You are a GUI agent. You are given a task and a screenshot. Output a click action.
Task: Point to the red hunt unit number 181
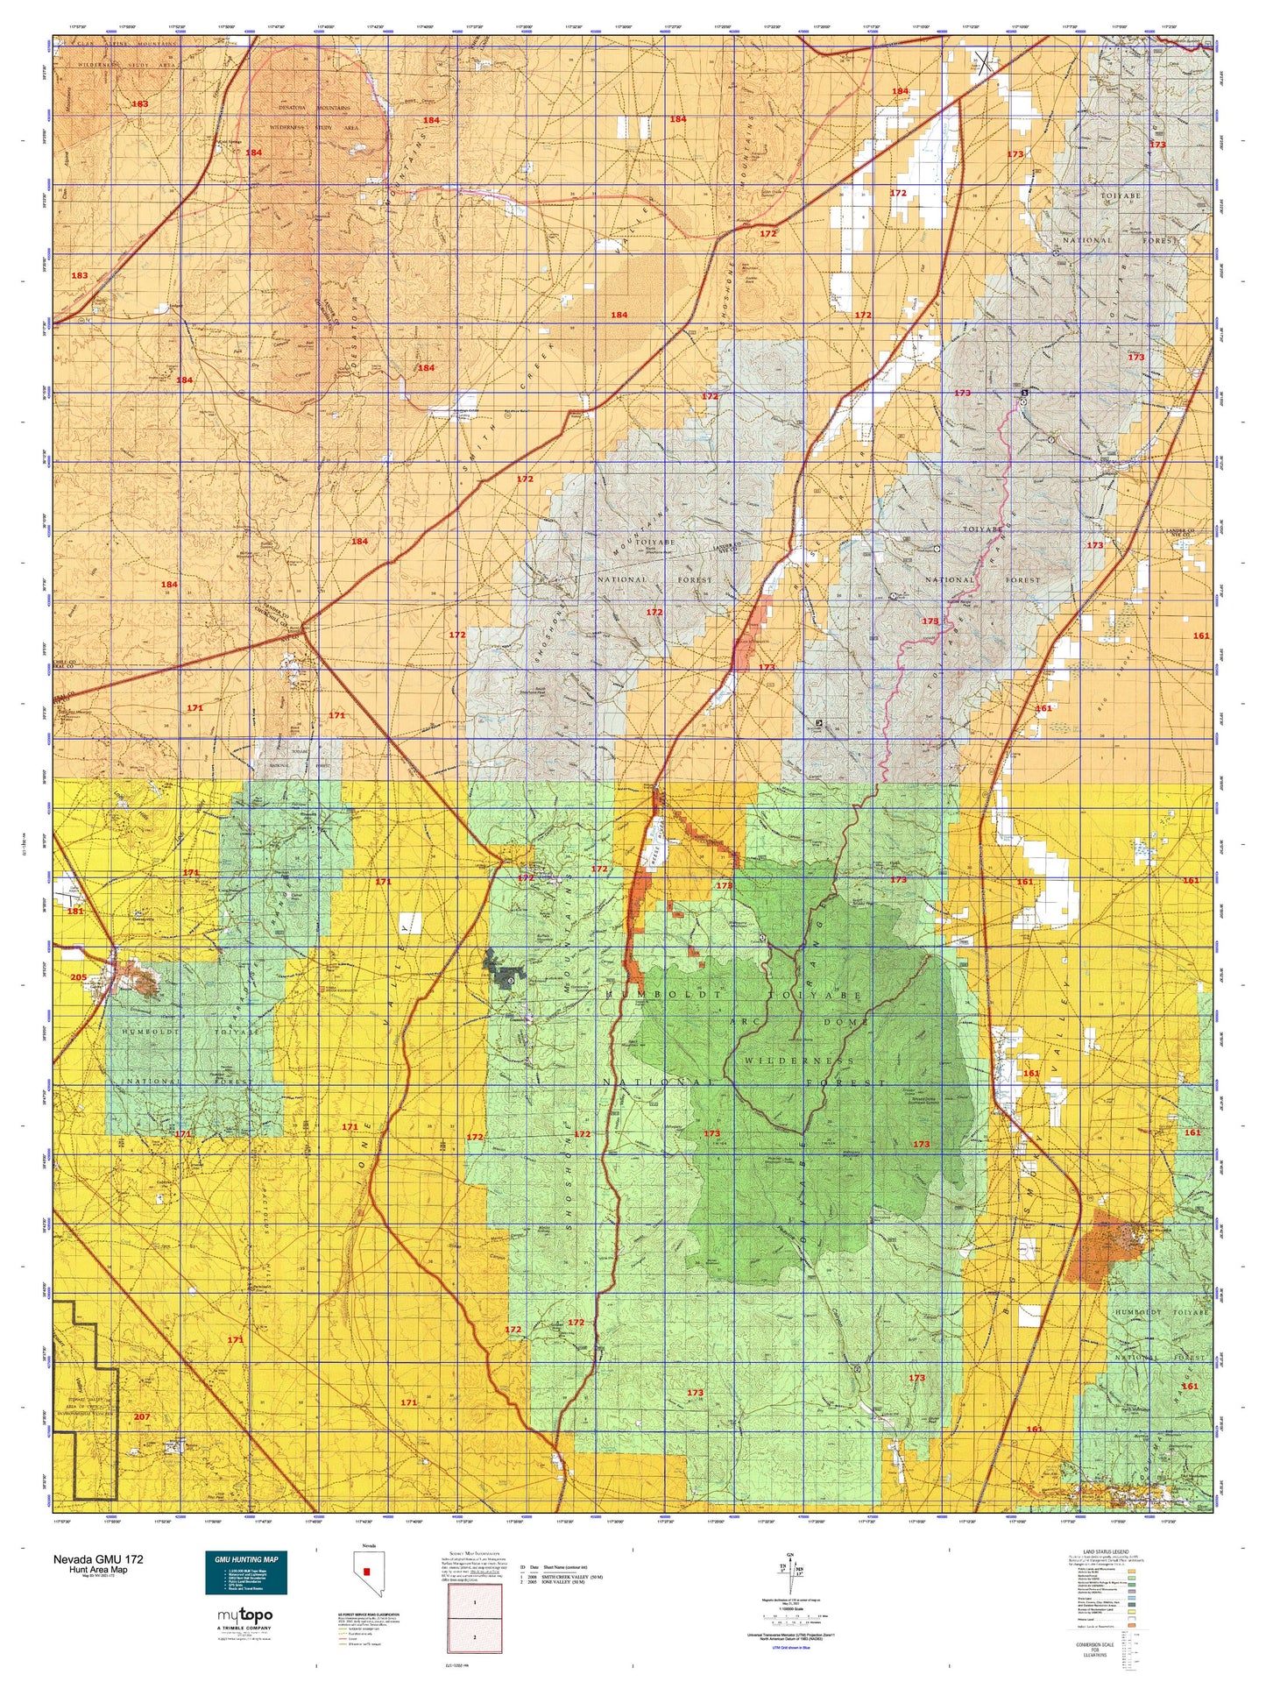[75, 912]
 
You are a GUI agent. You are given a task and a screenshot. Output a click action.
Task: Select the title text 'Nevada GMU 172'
[98, 1559]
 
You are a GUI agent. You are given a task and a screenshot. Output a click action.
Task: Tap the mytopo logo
[244, 1614]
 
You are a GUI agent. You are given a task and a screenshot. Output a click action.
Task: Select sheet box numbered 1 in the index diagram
[475, 1601]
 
